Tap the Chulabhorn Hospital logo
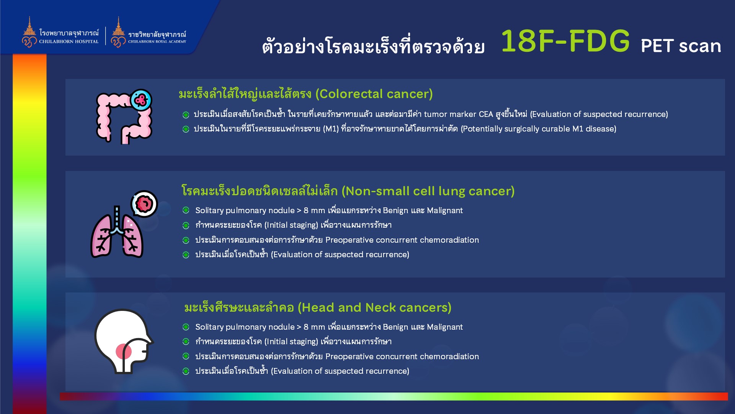[60, 32]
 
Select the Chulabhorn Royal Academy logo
[149, 32]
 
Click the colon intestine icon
[124, 117]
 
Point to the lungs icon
[117, 232]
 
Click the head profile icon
[124, 341]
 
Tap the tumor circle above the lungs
[144, 204]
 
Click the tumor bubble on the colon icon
[141, 100]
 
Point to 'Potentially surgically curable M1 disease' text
[539, 129]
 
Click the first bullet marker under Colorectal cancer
[186, 115]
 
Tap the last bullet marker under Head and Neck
[186, 371]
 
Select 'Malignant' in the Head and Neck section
[445, 327]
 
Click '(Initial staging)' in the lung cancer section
[291, 225]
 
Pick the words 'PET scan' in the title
[681, 46]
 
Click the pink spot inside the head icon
[123, 351]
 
